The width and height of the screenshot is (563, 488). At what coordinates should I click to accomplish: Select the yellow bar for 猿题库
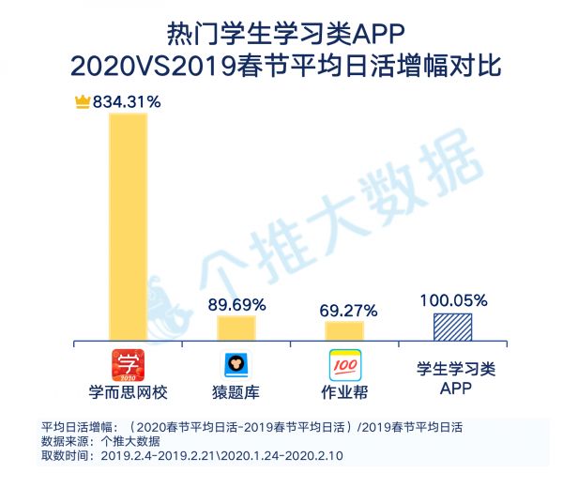pyautogui.click(x=236, y=328)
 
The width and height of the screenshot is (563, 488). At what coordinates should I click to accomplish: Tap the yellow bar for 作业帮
pyautogui.click(x=344, y=330)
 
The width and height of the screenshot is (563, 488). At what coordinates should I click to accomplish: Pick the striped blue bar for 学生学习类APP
pyautogui.click(x=452, y=326)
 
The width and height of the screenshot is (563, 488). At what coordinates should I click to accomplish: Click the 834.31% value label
pyautogui.click(x=125, y=101)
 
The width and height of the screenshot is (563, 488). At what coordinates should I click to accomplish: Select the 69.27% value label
pyautogui.click(x=347, y=309)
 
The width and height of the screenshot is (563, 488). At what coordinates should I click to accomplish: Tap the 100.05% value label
pyautogui.click(x=453, y=300)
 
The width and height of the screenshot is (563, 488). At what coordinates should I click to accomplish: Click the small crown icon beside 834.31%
pyautogui.click(x=81, y=101)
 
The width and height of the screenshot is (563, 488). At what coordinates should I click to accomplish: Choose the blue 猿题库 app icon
pyautogui.click(x=236, y=363)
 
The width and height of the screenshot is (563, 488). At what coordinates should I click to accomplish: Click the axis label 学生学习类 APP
pyautogui.click(x=452, y=379)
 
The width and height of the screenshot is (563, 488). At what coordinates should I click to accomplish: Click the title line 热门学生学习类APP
pyautogui.click(x=281, y=36)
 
